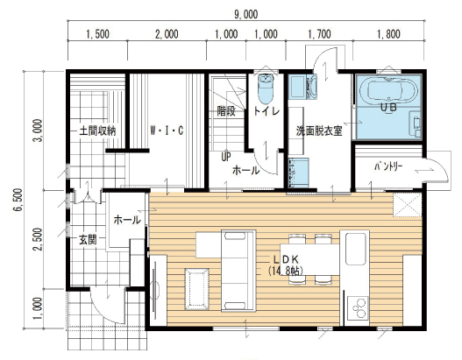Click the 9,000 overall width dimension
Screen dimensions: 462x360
click(246, 14)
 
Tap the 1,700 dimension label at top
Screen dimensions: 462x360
click(319, 34)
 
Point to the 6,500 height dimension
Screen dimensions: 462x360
click(18, 200)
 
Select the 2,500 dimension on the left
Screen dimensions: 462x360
click(38, 239)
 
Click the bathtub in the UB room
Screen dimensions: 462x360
click(388, 91)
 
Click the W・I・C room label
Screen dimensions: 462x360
click(167, 131)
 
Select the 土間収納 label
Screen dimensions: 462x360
click(97, 131)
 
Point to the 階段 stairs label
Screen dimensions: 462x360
click(226, 111)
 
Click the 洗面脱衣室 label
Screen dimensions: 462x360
click(319, 131)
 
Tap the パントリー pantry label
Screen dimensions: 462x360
click(388, 167)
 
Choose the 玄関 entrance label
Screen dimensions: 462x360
click(88, 240)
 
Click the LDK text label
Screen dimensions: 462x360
click(287, 259)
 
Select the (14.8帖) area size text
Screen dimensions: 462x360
click(286, 271)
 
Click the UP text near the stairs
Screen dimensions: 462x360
click(226, 157)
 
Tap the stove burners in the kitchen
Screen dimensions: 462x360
click(358, 308)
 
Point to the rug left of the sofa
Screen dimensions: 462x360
click(197, 289)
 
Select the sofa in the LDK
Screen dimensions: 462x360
click(238, 271)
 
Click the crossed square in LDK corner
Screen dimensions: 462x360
click(407, 205)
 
